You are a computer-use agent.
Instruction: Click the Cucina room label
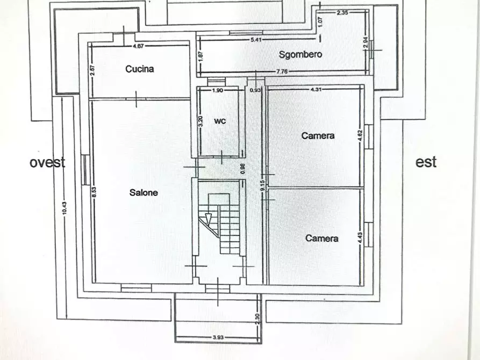140,69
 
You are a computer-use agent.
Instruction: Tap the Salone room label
144,192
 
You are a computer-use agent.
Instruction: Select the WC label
220,121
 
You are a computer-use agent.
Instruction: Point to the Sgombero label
300,54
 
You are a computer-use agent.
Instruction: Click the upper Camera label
318,135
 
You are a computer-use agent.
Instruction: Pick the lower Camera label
322,237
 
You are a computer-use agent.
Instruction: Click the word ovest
47,162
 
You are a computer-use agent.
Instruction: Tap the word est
426,162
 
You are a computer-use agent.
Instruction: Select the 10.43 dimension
65,208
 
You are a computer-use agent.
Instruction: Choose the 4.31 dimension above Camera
317,89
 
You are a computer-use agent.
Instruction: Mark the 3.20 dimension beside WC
200,121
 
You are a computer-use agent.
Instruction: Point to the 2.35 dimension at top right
343,12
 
